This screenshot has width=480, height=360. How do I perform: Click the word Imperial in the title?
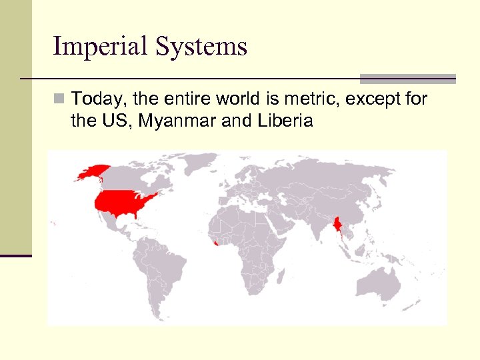pos(101,47)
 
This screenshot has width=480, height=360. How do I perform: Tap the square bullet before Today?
pos(60,100)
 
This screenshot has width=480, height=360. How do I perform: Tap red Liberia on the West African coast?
pos(212,246)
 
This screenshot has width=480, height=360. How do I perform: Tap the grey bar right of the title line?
pos(407,78)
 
